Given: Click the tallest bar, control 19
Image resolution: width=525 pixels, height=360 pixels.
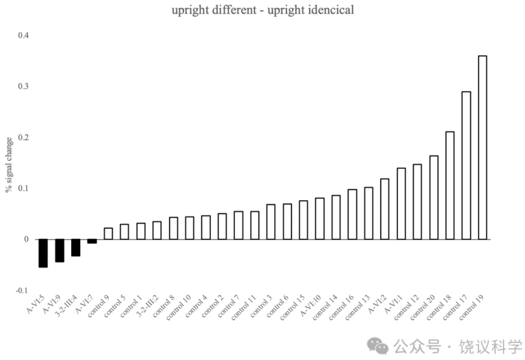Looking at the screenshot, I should point(483,148).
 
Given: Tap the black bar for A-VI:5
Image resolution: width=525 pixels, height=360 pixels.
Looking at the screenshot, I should point(43,253).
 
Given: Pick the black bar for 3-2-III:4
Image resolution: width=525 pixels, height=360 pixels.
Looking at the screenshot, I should point(75,247).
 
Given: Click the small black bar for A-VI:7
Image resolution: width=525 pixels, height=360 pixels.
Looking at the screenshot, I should point(92,241).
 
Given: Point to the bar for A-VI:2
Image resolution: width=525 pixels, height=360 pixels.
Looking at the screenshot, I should point(385,209).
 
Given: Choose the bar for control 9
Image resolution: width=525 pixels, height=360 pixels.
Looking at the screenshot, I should point(108,233).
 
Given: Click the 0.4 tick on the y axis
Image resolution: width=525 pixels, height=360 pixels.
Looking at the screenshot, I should point(23,36).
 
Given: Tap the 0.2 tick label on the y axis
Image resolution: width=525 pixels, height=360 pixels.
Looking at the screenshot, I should point(23,138).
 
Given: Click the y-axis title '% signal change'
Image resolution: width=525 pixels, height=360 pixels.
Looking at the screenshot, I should point(9,164).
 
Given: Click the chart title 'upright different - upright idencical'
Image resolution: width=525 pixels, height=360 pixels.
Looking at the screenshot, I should point(263,10).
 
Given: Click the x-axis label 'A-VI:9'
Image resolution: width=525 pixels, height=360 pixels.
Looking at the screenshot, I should point(53,306).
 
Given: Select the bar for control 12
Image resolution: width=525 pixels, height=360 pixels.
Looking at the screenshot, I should point(417,201).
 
